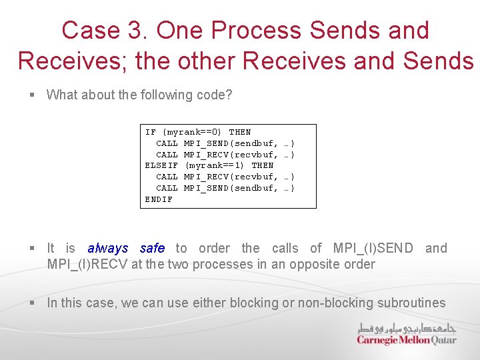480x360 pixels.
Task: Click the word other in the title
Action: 200,61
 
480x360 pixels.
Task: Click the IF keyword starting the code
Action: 151,132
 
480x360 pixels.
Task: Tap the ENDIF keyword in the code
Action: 159,199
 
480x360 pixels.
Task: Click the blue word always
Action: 108,248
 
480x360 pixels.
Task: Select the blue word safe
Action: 153,248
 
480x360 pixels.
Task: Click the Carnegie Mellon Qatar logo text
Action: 407,340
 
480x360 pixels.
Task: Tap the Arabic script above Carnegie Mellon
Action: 407,327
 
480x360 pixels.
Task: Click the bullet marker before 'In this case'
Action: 32,303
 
